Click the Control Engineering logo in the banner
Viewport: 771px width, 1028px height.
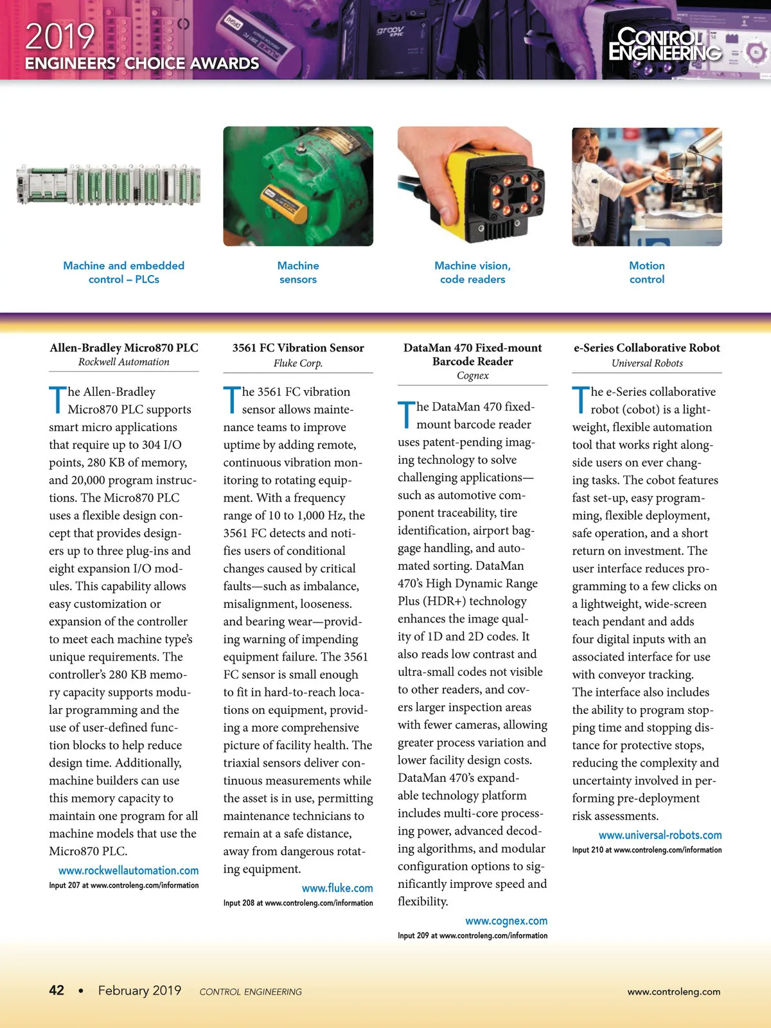(664, 44)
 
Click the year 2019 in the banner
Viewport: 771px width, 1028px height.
(60, 37)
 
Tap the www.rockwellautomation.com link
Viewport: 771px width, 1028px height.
(128, 871)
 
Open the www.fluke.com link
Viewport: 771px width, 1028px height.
(337, 888)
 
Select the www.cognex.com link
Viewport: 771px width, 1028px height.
(506, 921)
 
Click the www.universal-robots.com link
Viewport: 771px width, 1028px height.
(660, 835)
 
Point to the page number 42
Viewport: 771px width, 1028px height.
(57, 990)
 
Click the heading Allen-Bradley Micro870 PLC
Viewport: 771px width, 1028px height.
(124, 348)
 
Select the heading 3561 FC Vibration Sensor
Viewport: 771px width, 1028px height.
(298, 348)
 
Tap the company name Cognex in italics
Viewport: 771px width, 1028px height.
(473, 375)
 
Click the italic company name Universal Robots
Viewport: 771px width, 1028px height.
(647, 363)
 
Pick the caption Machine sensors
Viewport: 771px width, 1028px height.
(298, 272)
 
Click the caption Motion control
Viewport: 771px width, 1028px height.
(647, 272)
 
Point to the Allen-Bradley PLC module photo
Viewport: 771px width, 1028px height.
(109, 185)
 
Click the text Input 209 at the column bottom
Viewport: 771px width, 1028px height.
(413, 935)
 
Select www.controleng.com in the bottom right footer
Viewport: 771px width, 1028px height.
(674, 991)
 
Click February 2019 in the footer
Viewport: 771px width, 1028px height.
(139, 990)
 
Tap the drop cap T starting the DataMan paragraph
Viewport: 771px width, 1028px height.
(406, 414)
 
